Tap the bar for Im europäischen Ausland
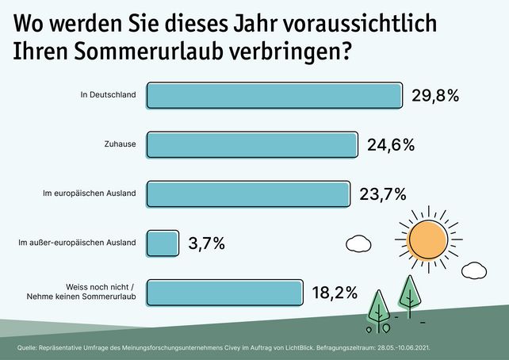[248, 193]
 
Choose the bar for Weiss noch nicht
[225, 292]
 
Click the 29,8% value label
[436, 96]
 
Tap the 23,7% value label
[384, 193]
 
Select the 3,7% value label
[206, 243]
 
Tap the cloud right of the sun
[474, 270]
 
